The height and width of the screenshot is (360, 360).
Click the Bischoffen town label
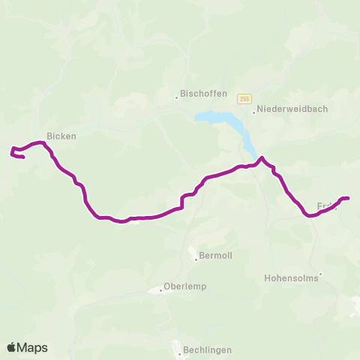(x=200, y=96)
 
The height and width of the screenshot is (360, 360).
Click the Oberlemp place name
(x=185, y=286)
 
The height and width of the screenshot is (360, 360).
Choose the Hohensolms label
(x=291, y=277)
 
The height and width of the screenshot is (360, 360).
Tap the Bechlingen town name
(x=208, y=349)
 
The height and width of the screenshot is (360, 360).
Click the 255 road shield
(x=244, y=98)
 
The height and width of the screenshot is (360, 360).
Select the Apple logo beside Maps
(x=13, y=347)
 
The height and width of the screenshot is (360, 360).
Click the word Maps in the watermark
(x=33, y=347)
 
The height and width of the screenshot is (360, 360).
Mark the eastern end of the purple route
(x=349, y=198)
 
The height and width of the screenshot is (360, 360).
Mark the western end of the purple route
(x=24, y=157)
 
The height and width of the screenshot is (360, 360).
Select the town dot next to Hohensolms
(x=320, y=274)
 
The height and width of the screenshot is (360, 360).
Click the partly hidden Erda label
(x=325, y=205)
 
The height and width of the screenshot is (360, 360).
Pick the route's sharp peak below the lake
(x=262, y=157)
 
